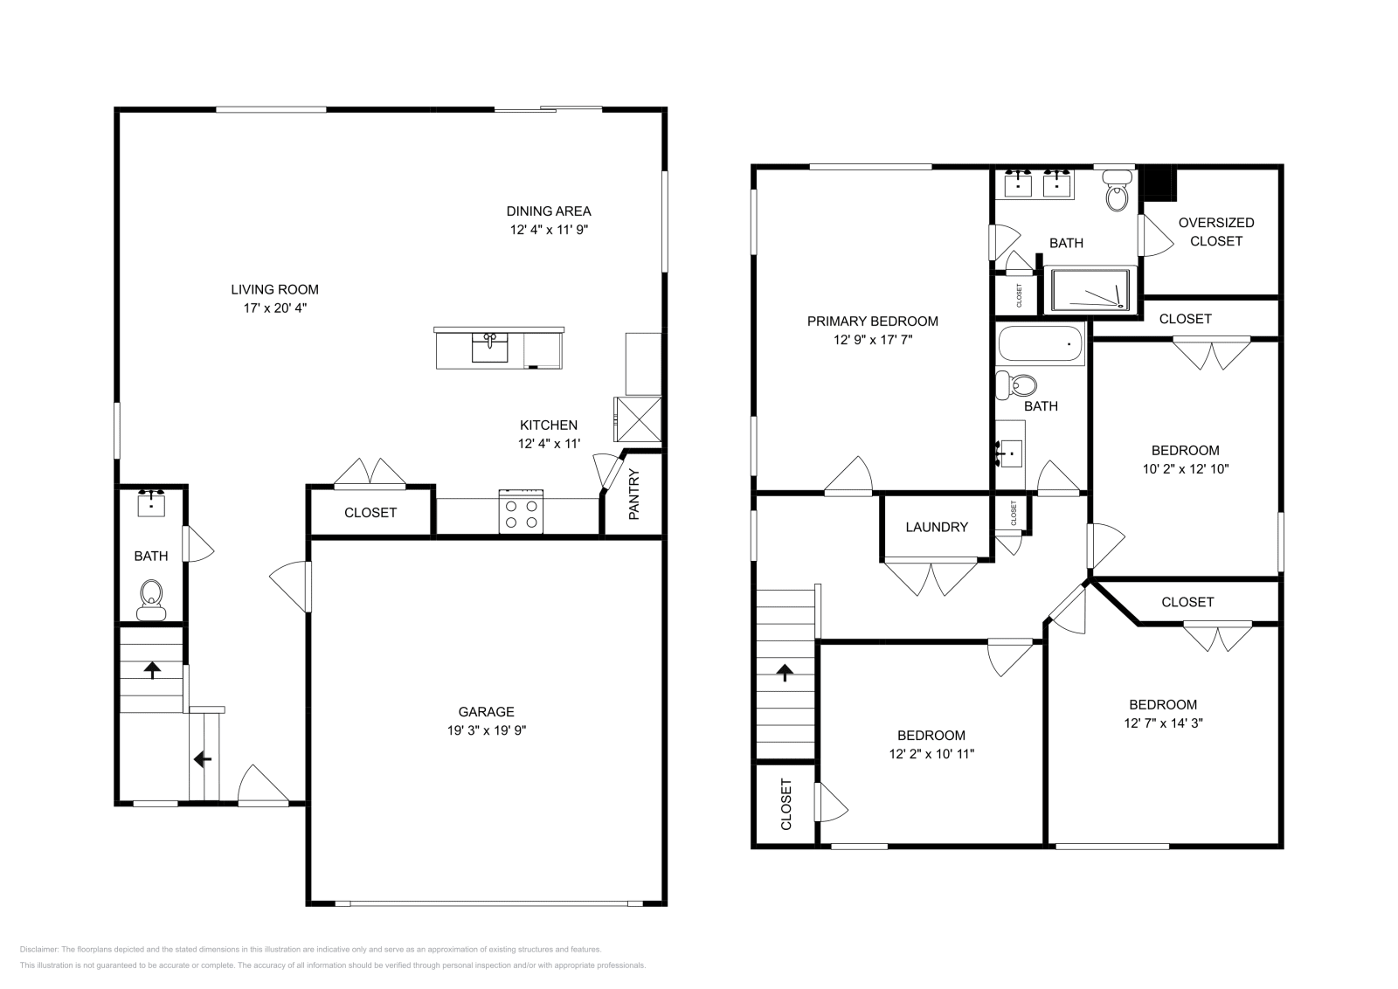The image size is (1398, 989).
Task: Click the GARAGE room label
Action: pos(487,711)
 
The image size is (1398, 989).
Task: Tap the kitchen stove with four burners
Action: pos(521,511)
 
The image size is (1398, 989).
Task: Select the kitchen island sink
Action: pos(490,347)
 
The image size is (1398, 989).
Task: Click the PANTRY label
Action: pos(634,494)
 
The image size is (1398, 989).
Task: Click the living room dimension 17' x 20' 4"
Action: pos(274,308)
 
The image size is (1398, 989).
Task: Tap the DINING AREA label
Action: pos(549,211)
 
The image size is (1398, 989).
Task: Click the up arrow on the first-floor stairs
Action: pos(153,669)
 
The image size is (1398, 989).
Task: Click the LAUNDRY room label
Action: pos(937,527)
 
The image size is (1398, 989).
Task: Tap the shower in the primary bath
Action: pos(1090,290)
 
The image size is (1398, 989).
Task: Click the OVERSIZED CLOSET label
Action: pos(1215,232)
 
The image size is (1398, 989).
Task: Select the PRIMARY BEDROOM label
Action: pos(872,321)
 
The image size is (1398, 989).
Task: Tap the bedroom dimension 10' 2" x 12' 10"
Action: pos(1185,468)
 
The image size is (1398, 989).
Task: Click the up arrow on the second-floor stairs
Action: pos(785,672)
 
